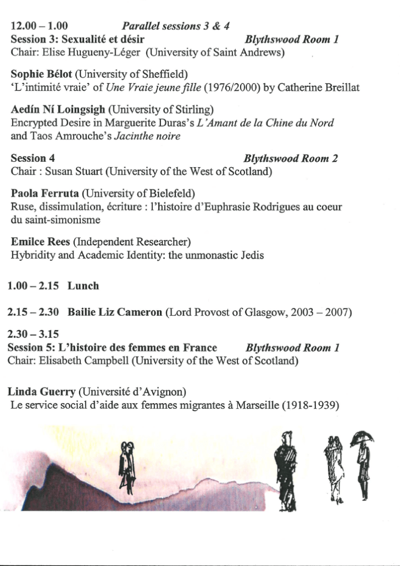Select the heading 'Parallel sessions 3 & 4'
point(175,26)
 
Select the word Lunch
point(83,286)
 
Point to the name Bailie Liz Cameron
point(115,312)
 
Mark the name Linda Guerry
point(41,392)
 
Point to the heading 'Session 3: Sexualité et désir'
point(77,39)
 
